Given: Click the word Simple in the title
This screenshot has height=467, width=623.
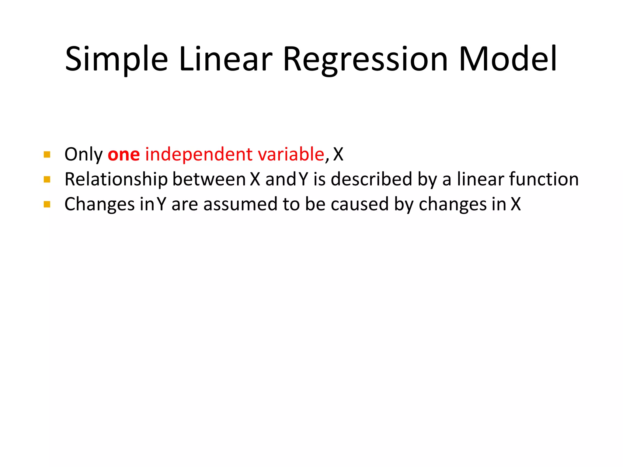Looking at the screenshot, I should [116, 59].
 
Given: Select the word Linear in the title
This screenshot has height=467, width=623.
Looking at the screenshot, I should [225, 59].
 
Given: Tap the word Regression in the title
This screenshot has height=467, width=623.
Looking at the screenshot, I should [365, 59].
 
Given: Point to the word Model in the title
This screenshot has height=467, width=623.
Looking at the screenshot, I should [508, 59].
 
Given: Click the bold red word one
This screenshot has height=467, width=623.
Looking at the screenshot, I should [124, 154].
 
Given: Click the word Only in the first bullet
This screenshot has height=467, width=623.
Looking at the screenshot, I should [84, 155].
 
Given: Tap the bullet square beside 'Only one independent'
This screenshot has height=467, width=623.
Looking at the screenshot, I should [47, 154].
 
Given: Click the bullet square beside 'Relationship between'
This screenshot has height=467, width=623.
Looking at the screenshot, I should [47, 179].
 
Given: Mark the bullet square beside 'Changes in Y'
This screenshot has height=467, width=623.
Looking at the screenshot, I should [47, 204].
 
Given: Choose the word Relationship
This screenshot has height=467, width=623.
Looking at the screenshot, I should [116, 179].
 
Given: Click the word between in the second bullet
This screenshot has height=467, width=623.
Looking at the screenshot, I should [209, 179].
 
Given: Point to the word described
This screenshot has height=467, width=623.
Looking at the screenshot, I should [371, 179].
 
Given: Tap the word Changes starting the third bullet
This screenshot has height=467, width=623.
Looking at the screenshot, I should [99, 204].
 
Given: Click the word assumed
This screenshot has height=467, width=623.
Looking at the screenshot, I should [240, 204].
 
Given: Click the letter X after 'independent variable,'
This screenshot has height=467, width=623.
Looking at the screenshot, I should [338, 154].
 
